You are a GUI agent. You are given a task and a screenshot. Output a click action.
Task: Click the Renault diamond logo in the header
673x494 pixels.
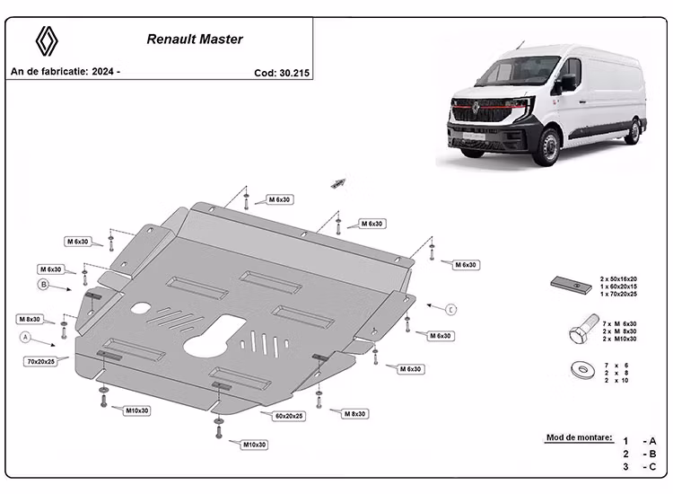[x=46, y=40]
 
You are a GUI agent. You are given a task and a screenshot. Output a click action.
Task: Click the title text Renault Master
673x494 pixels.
[x=195, y=40]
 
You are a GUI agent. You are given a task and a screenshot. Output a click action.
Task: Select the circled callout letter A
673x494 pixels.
[x=26, y=337]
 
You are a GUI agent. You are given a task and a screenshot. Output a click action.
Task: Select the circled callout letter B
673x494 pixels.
[x=42, y=285]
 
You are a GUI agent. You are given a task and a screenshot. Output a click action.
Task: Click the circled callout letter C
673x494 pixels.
[x=451, y=309]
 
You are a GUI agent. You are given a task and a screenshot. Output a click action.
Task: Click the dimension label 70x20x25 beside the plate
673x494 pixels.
[x=40, y=360]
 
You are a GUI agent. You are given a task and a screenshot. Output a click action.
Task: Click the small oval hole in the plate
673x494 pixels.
[x=141, y=308]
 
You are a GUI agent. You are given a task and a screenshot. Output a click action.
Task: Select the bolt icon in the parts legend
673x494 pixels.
[x=579, y=332]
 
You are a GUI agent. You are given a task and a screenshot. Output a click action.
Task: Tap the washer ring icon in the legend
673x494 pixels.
[x=578, y=368]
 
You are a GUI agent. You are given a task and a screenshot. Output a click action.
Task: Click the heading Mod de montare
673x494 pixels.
[x=578, y=438]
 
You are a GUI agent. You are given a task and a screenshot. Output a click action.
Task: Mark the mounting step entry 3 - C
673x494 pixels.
[x=642, y=466]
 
